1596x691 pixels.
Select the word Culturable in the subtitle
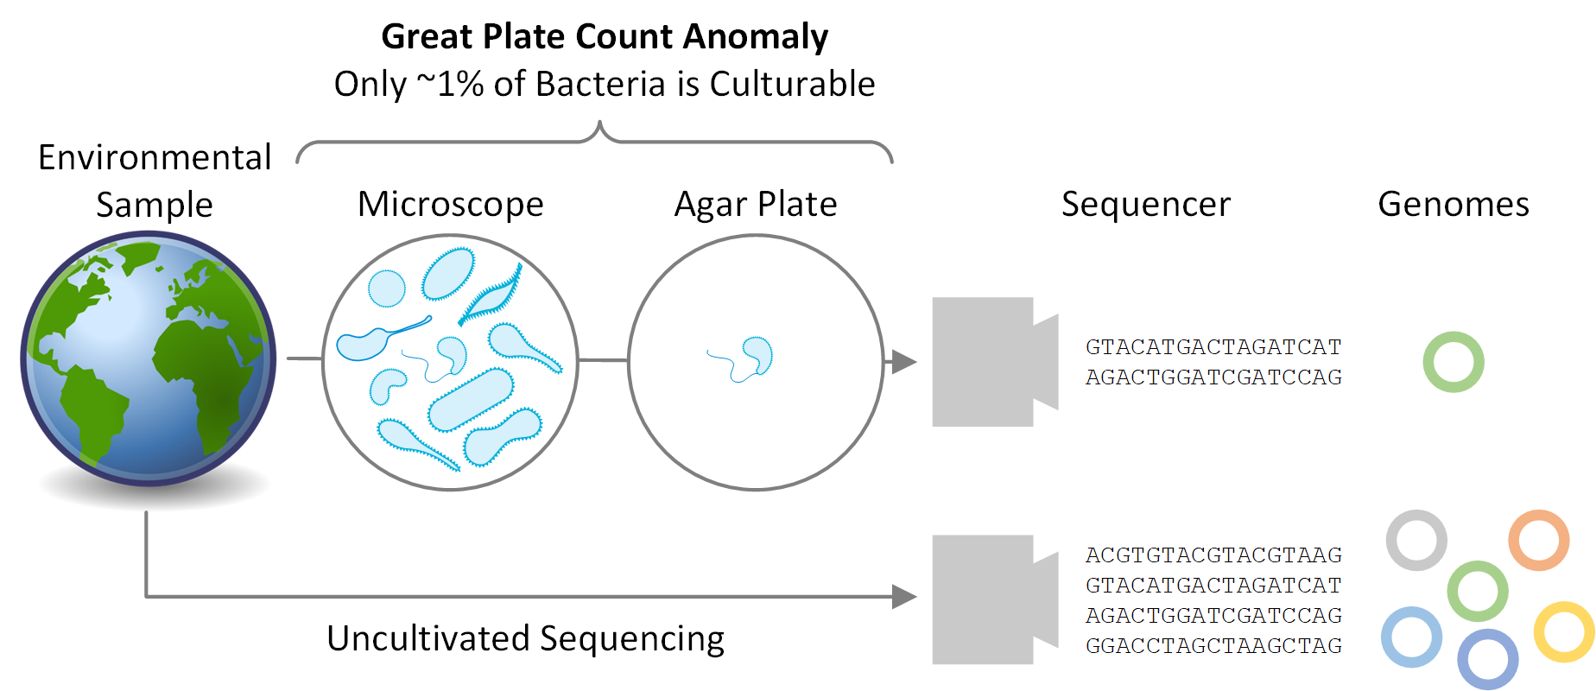tap(792, 85)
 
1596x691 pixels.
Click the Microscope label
tap(450, 205)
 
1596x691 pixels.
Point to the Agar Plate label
tap(755, 205)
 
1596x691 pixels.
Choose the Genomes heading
tap(1453, 205)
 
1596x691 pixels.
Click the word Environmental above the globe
tap(155, 158)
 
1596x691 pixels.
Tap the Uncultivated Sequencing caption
tap(525, 639)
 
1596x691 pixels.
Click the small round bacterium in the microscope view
tap(386, 288)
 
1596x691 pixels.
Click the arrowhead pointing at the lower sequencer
tap(903, 596)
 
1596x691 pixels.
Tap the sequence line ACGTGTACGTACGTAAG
tap(1213, 555)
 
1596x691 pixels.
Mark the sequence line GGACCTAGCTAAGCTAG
tap(1213, 646)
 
